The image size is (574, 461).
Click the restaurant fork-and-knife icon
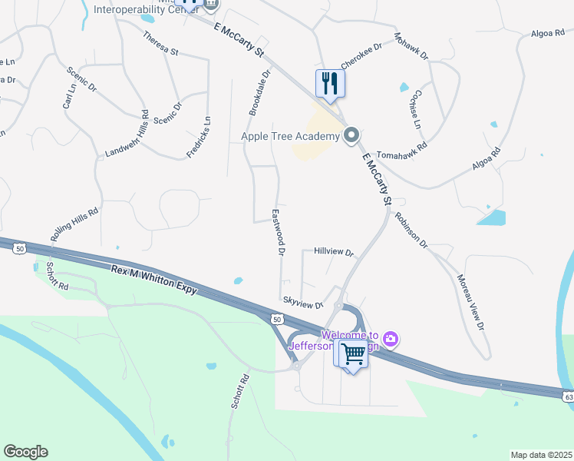point(330,83)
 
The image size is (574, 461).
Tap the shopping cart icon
point(353,354)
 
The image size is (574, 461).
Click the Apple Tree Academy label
point(290,137)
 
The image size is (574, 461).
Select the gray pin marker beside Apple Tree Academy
point(352,136)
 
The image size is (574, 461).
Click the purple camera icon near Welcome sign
point(391,338)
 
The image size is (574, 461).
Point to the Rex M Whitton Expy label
point(154,280)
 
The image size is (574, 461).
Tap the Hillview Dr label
point(333,252)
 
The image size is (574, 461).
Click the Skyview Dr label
point(304,304)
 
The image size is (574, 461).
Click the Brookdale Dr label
point(259,94)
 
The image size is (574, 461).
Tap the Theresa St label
point(160,43)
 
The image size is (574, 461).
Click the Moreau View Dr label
point(471,303)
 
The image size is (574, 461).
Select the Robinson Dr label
point(411,229)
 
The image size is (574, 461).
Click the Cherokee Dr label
point(361,55)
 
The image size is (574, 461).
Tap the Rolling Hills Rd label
point(75,225)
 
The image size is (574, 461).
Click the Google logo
point(25,452)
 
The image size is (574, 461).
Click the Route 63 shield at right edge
point(568,396)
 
